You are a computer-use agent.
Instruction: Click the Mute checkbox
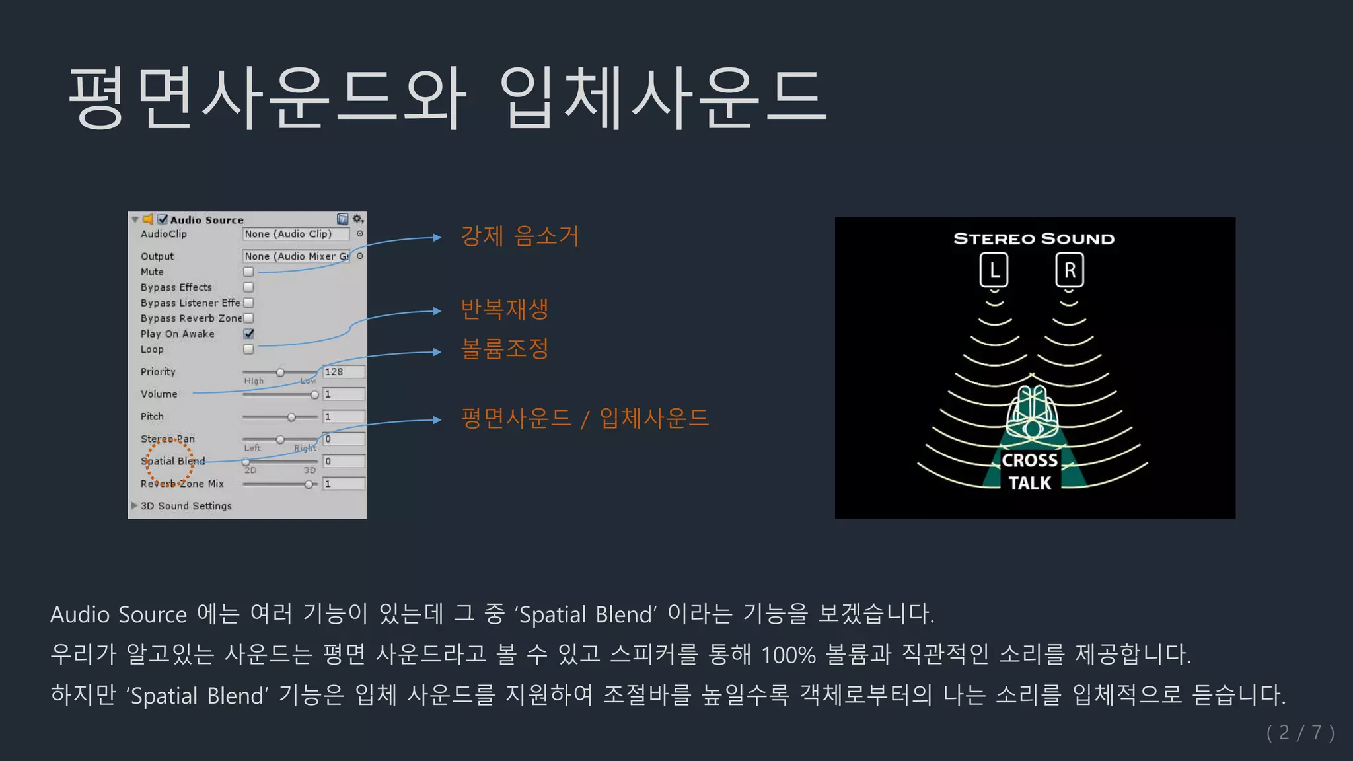(x=248, y=272)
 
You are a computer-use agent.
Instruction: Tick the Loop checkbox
(x=248, y=349)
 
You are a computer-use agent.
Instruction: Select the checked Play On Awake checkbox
(x=248, y=334)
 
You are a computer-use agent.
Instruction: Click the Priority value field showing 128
(x=344, y=372)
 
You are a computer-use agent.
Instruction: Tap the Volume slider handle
(x=314, y=394)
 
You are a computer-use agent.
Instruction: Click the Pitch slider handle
(x=291, y=417)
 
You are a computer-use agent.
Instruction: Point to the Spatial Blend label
(x=172, y=461)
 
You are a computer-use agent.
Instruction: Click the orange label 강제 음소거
(x=519, y=236)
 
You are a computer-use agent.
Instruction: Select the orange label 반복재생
(x=504, y=308)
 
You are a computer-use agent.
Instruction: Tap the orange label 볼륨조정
(x=504, y=349)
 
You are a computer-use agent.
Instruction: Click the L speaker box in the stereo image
(x=994, y=270)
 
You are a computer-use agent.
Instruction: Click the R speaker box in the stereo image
(x=1070, y=270)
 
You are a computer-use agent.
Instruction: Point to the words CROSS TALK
(x=1029, y=472)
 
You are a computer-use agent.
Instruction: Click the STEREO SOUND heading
(x=1034, y=238)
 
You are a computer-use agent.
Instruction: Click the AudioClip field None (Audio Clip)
(x=295, y=234)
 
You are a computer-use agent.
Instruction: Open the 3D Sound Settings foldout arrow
(x=134, y=505)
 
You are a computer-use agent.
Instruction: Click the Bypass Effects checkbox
(x=248, y=287)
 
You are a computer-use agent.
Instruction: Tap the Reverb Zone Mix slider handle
(x=309, y=484)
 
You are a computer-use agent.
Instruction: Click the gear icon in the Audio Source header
(x=357, y=219)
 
